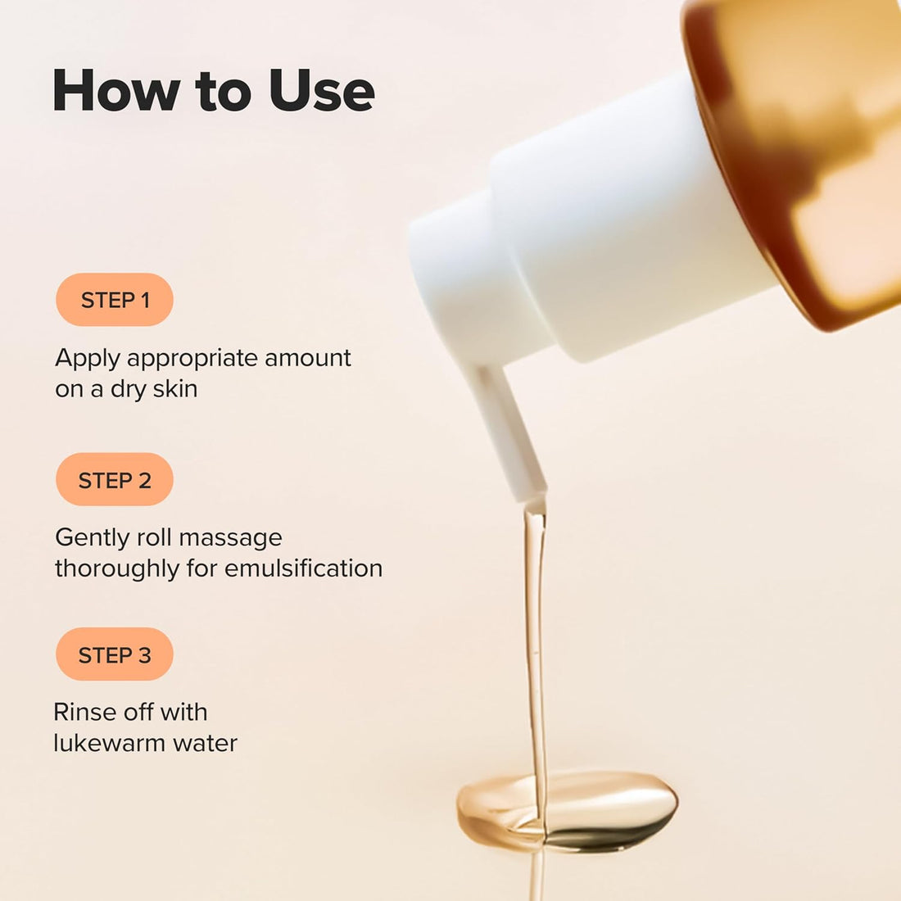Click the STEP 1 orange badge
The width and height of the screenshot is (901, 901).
pos(115,300)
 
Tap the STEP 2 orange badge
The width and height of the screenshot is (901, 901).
pos(115,480)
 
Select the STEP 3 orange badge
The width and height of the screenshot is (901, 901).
pos(115,654)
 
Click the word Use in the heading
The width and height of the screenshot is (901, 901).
pos(321,90)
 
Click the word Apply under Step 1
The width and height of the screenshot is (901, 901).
pos(88,359)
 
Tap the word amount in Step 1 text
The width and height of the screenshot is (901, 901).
pos(308,358)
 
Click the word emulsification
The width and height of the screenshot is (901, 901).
pos(303,568)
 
